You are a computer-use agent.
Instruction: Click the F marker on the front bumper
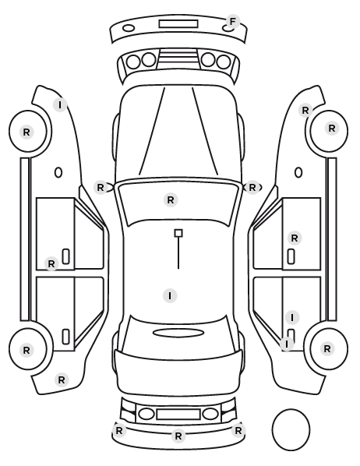tap(232, 22)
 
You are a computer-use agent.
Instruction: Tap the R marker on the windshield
tap(171, 200)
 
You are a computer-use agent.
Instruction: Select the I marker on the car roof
tap(170, 296)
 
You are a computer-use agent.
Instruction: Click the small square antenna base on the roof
tap(178, 233)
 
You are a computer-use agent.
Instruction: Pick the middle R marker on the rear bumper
tap(178, 436)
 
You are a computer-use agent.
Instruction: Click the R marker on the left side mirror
tap(101, 188)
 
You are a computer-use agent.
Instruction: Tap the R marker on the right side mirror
tap(252, 188)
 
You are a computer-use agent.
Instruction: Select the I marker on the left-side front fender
tap(60, 105)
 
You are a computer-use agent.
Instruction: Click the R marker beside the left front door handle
tap(51, 263)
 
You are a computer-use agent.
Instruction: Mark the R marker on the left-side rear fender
tap(62, 380)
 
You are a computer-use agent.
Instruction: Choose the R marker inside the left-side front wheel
tap(26, 132)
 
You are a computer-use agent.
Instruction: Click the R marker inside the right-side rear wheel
tap(327, 348)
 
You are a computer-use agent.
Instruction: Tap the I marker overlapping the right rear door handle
tap(287, 344)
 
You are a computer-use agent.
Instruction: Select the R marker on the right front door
tap(295, 238)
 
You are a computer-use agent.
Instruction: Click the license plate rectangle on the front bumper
tap(178, 24)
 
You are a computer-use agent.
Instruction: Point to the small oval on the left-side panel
tap(58, 172)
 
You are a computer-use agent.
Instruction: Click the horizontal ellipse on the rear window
tap(178, 333)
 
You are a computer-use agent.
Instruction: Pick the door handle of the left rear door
tap(65, 337)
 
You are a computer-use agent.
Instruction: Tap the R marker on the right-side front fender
tap(305, 111)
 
